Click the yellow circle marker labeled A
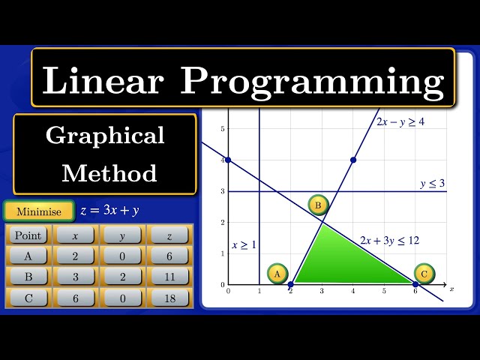277,274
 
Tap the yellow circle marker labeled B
318,205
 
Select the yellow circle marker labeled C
424,274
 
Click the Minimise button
39,211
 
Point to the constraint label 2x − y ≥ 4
400,121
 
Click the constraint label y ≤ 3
432,183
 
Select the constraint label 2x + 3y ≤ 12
389,240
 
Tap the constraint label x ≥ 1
244,244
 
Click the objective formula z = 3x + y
109,211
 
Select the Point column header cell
28,235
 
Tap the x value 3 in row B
75,277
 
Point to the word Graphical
105,136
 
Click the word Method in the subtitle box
109,173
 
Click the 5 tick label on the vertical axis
222,129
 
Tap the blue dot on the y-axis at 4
228,160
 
